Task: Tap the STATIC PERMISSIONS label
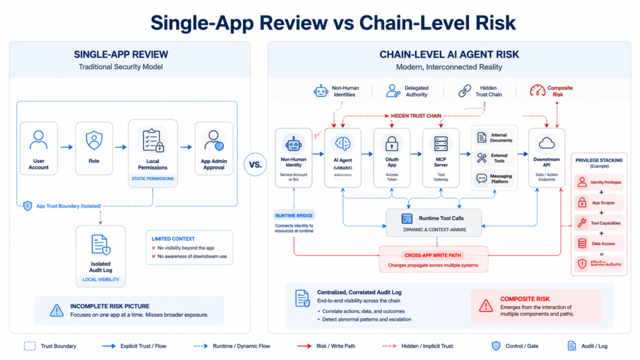152,179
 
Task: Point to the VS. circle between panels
256,165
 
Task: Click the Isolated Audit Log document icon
100,244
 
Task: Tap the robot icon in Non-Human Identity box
294,143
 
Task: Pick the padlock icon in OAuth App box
392,143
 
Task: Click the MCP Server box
441,156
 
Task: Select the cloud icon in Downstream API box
547,143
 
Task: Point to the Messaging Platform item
494,178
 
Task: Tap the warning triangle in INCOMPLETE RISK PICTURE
57,310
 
